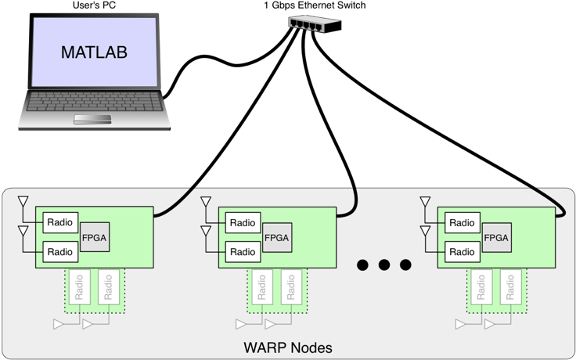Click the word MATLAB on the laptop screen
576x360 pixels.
[94, 53]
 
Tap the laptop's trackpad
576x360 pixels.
[92, 119]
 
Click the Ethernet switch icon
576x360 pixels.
[313, 23]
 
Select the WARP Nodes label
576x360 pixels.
[289, 347]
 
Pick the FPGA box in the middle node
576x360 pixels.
[277, 237]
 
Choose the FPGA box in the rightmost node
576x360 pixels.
[496, 237]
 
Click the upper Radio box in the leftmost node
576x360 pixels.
[60, 222]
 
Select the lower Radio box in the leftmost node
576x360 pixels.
[60, 251]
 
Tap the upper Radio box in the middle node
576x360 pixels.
[243, 222]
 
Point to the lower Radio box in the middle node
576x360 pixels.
[243, 251]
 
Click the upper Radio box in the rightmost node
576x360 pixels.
[462, 222]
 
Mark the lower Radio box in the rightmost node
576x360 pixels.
[462, 251]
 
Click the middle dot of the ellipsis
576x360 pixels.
[383, 265]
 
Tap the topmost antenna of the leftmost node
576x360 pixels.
[23, 202]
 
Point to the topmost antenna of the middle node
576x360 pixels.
[207, 202]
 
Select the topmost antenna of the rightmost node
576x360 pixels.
[426, 202]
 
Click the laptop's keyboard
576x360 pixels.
[94, 103]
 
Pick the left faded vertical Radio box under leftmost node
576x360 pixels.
[78, 288]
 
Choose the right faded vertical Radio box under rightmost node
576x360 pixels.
[511, 288]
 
